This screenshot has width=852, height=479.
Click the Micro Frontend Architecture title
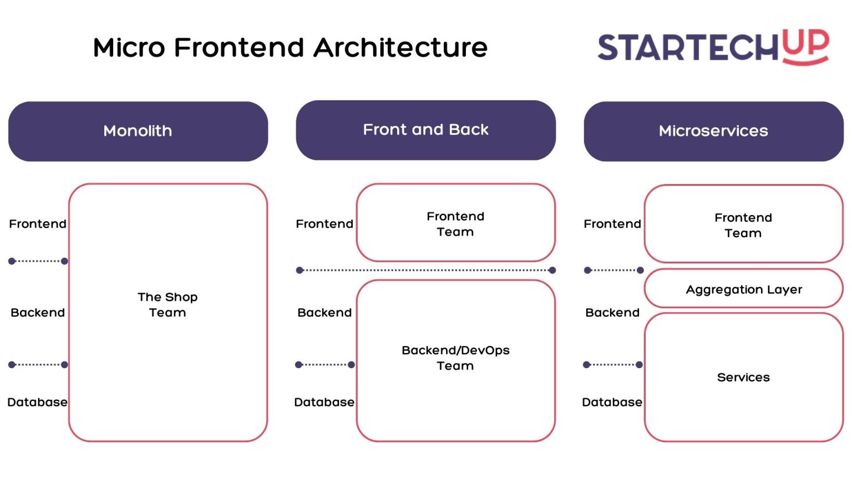click(290, 48)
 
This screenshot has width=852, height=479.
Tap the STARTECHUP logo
click(713, 47)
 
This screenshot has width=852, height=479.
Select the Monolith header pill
click(138, 131)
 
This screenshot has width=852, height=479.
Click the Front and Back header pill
click(425, 130)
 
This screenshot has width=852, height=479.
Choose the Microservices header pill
click(713, 131)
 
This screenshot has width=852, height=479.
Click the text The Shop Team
click(168, 305)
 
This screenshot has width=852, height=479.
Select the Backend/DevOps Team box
click(455, 359)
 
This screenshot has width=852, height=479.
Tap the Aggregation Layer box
click(743, 289)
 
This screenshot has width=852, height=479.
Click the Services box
click(743, 378)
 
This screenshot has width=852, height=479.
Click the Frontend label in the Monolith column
click(38, 224)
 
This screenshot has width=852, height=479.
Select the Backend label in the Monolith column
click(38, 313)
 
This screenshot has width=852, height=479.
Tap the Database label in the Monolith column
click(37, 402)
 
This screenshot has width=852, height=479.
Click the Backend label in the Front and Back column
click(324, 313)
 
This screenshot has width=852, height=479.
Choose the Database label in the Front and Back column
click(324, 402)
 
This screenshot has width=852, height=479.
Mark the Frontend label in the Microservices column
click(612, 224)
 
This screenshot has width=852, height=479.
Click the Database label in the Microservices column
click(612, 402)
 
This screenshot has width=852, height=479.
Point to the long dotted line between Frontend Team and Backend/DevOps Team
click(425, 271)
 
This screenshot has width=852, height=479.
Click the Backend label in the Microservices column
click(612, 313)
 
